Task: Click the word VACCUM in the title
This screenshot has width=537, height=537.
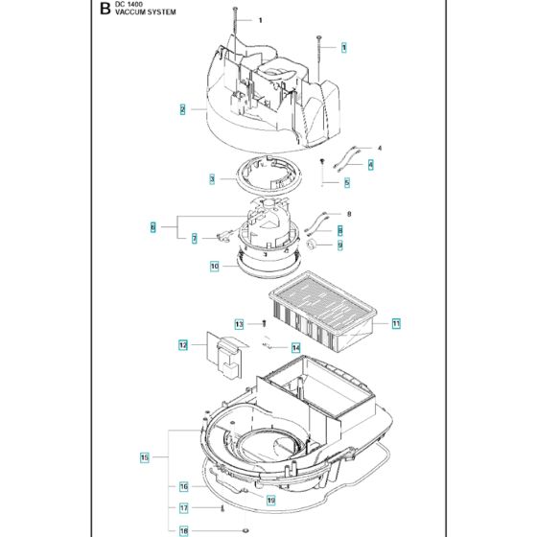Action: click(x=131, y=15)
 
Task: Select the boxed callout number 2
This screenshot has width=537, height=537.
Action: click(x=182, y=109)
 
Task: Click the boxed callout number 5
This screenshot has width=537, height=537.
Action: click(x=346, y=182)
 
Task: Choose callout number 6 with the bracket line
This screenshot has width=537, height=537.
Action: click(x=152, y=227)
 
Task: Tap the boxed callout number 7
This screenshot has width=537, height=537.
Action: click(x=194, y=238)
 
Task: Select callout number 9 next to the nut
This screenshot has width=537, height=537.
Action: click(x=339, y=245)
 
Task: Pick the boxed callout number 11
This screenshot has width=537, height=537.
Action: click(x=396, y=324)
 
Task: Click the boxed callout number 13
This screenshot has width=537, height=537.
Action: click(x=240, y=324)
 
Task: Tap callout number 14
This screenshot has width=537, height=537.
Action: click(x=296, y=347)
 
